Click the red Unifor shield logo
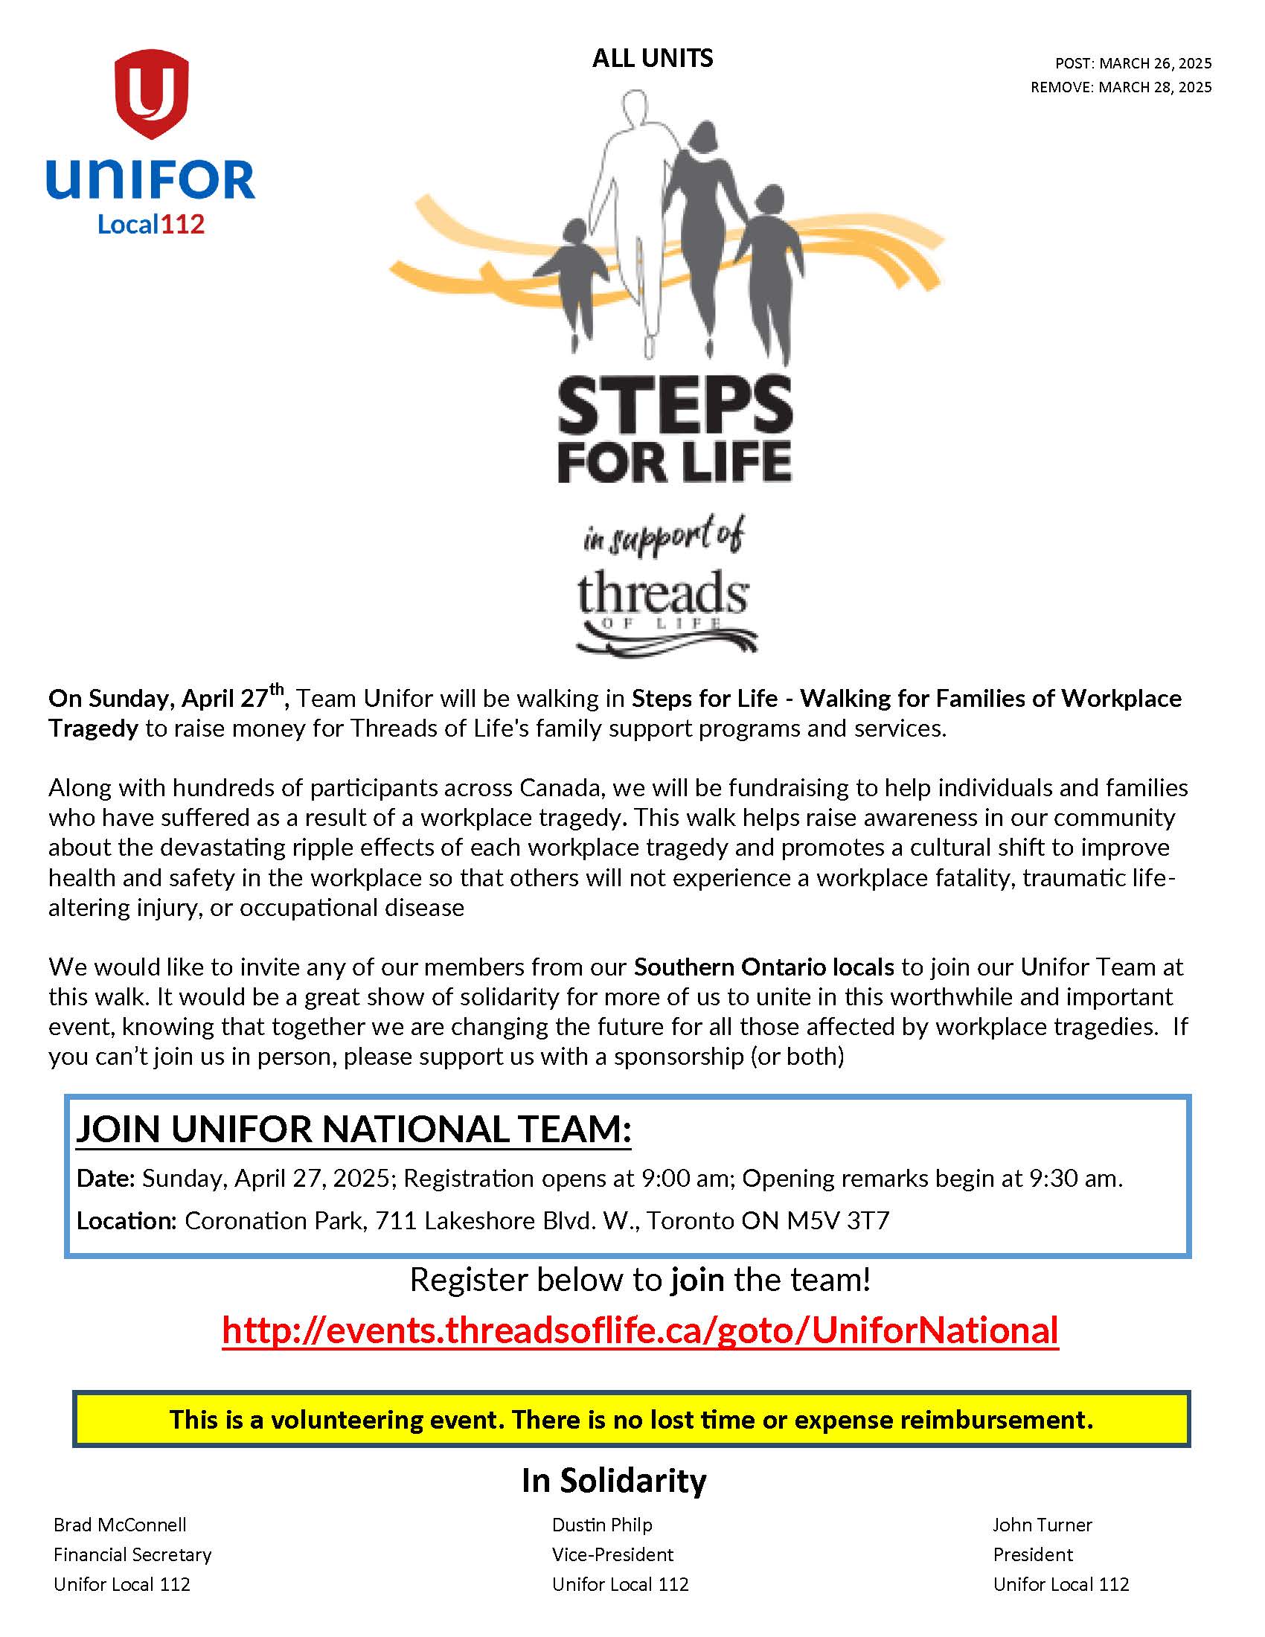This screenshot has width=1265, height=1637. point(150,93)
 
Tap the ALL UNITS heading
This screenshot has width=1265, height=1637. point(652,59)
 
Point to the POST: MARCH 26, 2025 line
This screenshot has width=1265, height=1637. point(1133,63)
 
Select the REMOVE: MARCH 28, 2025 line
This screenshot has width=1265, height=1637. point(1121,87)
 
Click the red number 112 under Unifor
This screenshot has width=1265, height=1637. point(183,224)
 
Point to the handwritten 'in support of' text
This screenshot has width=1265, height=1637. point(664,536)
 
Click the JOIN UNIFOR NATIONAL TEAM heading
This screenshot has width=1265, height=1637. point(353,1129)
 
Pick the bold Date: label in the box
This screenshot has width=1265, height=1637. point(106,1179)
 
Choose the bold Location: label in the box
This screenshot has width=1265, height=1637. point(126,1221)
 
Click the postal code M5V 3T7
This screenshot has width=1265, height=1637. point(838,1221)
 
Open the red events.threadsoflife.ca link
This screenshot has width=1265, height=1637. point(640,1330)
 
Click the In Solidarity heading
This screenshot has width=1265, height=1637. point(614,1481)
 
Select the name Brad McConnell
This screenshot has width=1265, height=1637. point(120,1525)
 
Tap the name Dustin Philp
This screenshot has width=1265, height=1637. point(602,1525)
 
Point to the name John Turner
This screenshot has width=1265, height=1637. point(1042,1525)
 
